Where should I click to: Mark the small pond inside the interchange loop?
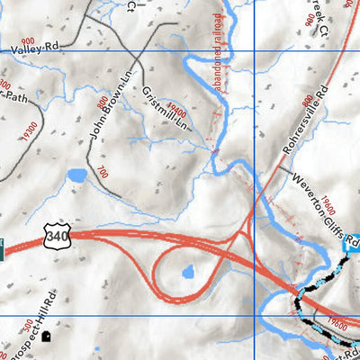(x=187, y=272)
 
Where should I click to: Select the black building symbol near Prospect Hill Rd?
(x=46, y=336)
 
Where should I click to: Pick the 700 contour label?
(x=102, y=171)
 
